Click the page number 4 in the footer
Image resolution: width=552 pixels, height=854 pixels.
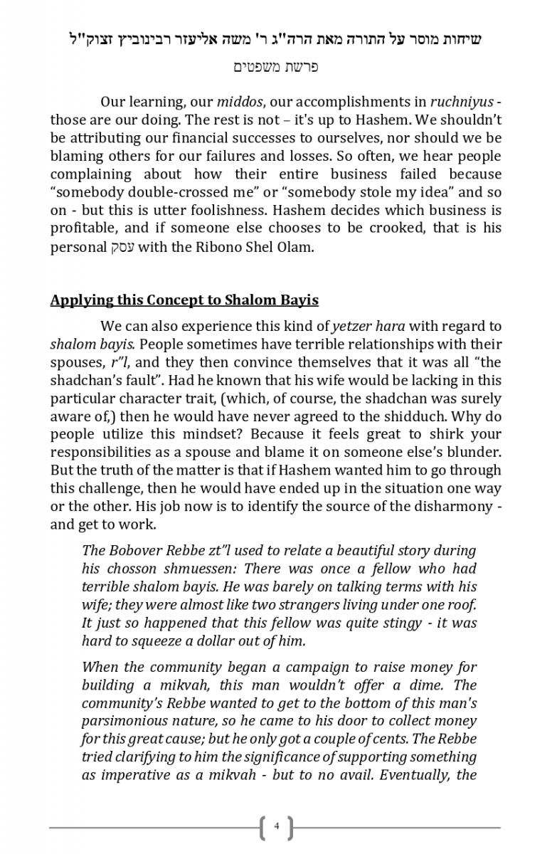coord(277,827)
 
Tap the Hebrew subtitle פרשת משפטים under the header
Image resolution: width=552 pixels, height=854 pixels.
coord(275,67)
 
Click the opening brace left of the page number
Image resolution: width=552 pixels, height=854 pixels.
coord(264,828)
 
